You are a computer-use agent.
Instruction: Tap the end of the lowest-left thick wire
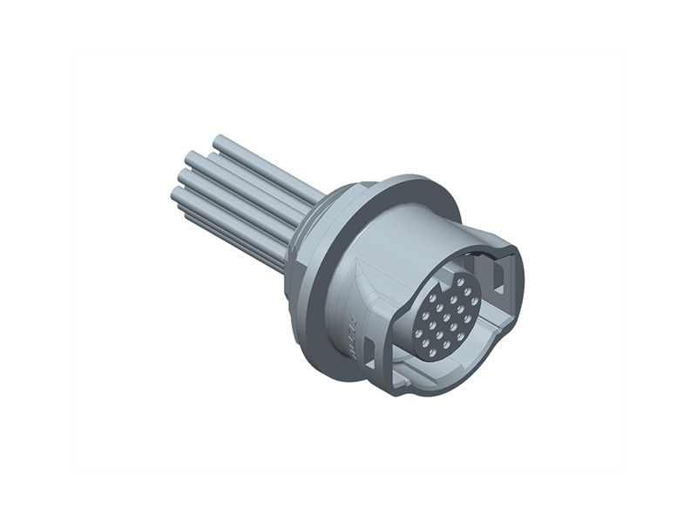click(176, 197)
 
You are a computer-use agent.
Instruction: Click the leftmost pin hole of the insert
click(418, 334)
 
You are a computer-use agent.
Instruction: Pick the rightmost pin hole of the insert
click(474, 301)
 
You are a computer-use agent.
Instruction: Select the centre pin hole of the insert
click(448, 318)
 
